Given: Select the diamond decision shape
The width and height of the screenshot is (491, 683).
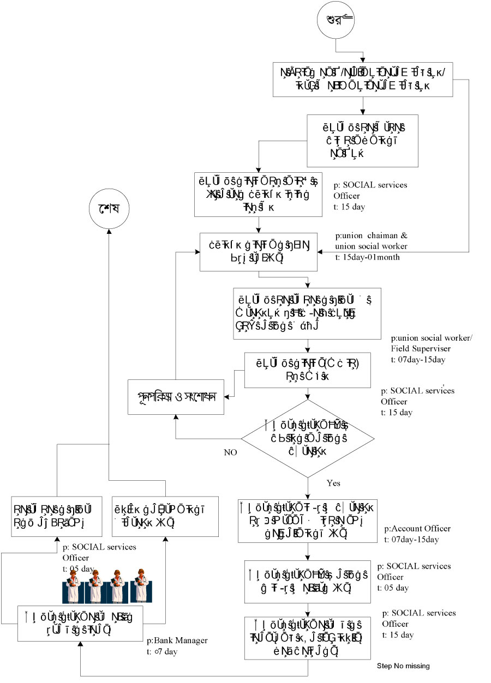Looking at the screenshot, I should click(x=308, y=438).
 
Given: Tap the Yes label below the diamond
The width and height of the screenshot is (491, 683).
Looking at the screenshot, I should click(x=333, y=483).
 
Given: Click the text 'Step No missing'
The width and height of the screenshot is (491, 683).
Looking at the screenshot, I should click(x=404, y=666).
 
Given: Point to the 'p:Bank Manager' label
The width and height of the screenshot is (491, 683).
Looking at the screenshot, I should click(x=177, y=640).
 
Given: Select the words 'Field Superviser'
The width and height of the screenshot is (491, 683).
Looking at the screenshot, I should click(x=419, y=348).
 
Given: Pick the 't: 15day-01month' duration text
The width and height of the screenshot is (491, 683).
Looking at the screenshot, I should click(x=368, y=257).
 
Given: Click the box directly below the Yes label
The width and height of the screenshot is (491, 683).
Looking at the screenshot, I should click(x=308, y=519).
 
